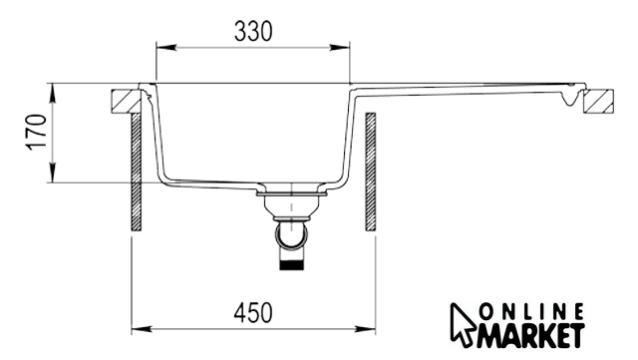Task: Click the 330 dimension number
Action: coord(253,31)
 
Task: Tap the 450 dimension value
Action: coord(253,313)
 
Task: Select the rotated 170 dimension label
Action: coord(36,133)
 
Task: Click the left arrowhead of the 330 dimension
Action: coord(166,48)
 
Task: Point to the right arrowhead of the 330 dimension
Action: coord(339,48)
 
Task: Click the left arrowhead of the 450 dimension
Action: coord(142,329)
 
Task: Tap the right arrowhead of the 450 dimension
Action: coord(365,329)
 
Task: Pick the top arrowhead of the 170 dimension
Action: coord(53,94)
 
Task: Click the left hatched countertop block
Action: coord(127,101)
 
